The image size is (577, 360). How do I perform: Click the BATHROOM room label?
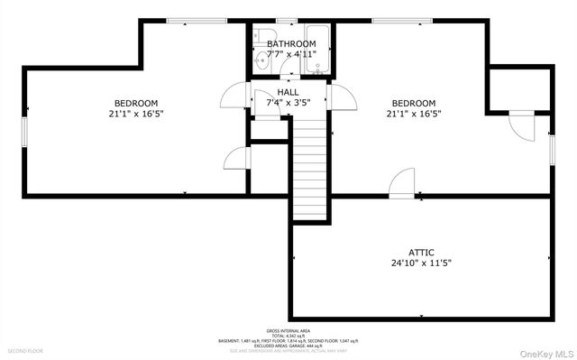[290, 44]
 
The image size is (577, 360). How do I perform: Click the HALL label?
[288, 92]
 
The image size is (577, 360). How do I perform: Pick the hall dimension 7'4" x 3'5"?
[288, 103]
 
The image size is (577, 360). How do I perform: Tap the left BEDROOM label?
[136, 103]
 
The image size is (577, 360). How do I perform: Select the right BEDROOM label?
[411, 103]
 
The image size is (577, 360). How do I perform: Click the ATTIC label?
[421, 253]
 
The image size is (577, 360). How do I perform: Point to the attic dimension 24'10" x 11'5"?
[421, 263]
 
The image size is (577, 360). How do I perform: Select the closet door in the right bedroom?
[520, 127]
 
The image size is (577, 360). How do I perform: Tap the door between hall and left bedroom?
[236, 95]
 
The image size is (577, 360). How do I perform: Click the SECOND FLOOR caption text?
[24, 348]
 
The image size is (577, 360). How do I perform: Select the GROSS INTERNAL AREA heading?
[288, 330]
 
